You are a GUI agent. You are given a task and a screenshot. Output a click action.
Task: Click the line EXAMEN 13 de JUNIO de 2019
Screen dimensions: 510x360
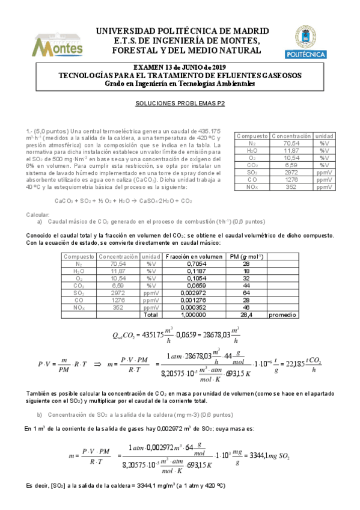180,67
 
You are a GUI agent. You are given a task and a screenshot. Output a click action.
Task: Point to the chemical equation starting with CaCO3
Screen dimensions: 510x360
123,201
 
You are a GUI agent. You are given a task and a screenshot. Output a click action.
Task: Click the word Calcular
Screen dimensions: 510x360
37,215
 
